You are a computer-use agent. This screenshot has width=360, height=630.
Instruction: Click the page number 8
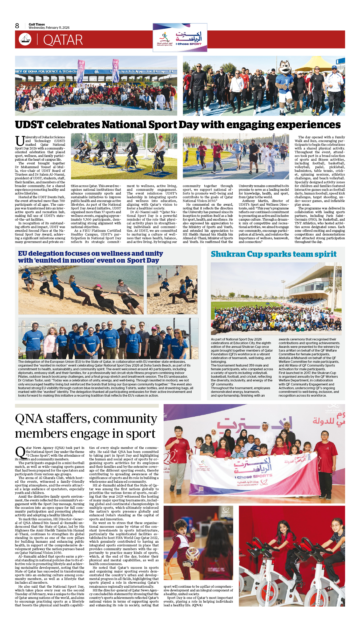click(17, 26)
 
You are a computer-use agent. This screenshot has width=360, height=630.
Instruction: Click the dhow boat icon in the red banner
click(25, 39)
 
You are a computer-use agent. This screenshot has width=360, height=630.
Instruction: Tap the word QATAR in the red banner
click(63, 40)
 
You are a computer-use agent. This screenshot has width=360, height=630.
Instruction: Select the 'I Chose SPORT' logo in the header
click(180, 38)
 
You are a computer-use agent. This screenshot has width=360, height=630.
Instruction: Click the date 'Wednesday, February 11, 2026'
click(49, 28)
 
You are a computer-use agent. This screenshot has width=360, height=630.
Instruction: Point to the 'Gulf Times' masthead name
click(37, 24)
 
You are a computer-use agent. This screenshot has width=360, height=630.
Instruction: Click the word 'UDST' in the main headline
click(29, 125)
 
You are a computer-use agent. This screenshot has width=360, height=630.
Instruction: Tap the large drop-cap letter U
click(20, 141)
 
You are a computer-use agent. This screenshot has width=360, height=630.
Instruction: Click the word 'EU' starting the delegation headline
click(22, 253)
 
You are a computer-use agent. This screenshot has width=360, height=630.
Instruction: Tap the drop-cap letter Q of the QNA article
click(20, 452)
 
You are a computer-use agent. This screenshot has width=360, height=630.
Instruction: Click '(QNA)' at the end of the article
click(197, 605)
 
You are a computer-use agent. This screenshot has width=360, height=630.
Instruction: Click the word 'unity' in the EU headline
click(153, 253)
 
